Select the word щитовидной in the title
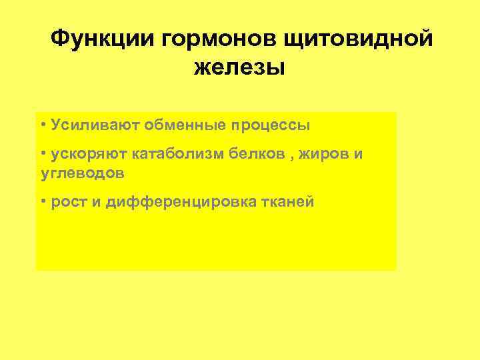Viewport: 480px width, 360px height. point(358,39)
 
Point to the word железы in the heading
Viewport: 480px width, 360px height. point(240,67)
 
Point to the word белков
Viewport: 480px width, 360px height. point(255,155)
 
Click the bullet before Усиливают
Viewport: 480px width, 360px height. point(42,124)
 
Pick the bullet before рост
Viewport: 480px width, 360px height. point(42,200)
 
